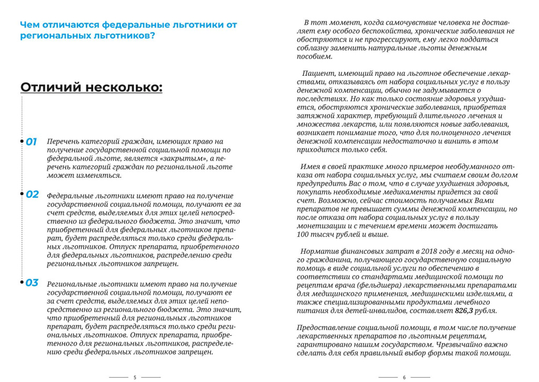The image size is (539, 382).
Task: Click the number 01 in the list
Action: pos(32,142)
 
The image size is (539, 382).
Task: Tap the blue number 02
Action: pos(33,194)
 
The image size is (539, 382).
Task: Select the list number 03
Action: pos(32,283)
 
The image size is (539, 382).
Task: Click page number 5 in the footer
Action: pos(135,377)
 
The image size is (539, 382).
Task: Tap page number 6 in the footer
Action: pos(404,377)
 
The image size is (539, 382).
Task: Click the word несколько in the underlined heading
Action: pos(124,87)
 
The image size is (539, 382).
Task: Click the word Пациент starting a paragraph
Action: pos(319,74)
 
